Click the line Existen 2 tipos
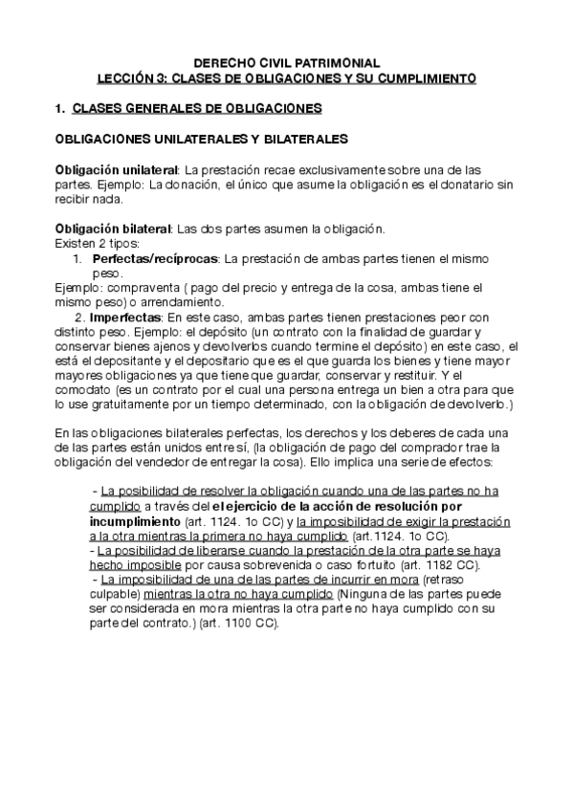point(99,244)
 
